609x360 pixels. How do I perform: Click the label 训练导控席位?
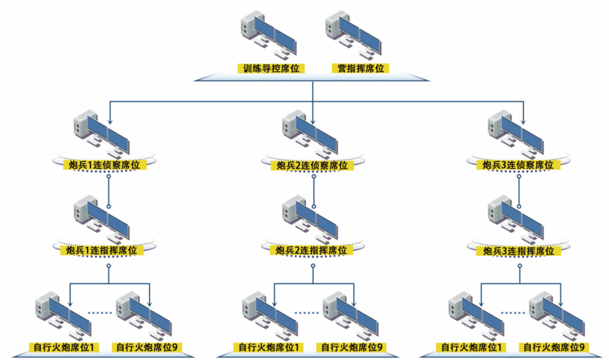pyautogui.click(x=271, y=69)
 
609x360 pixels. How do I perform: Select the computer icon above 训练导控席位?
pyautogui.click(x=268, y=34)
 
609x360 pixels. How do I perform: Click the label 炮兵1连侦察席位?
pyautogui.click(x=107, y=165)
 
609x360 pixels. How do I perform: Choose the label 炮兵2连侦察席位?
pyautogui.click(x=312, y=165)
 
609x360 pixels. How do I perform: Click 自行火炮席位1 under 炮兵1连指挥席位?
pyautogui.click(x=63, y=346)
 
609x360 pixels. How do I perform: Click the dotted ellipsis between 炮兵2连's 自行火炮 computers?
pyautogui.click(x=306, y=312)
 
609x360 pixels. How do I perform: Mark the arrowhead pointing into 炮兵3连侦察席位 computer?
pyautogui.click(x=524, y=121)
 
